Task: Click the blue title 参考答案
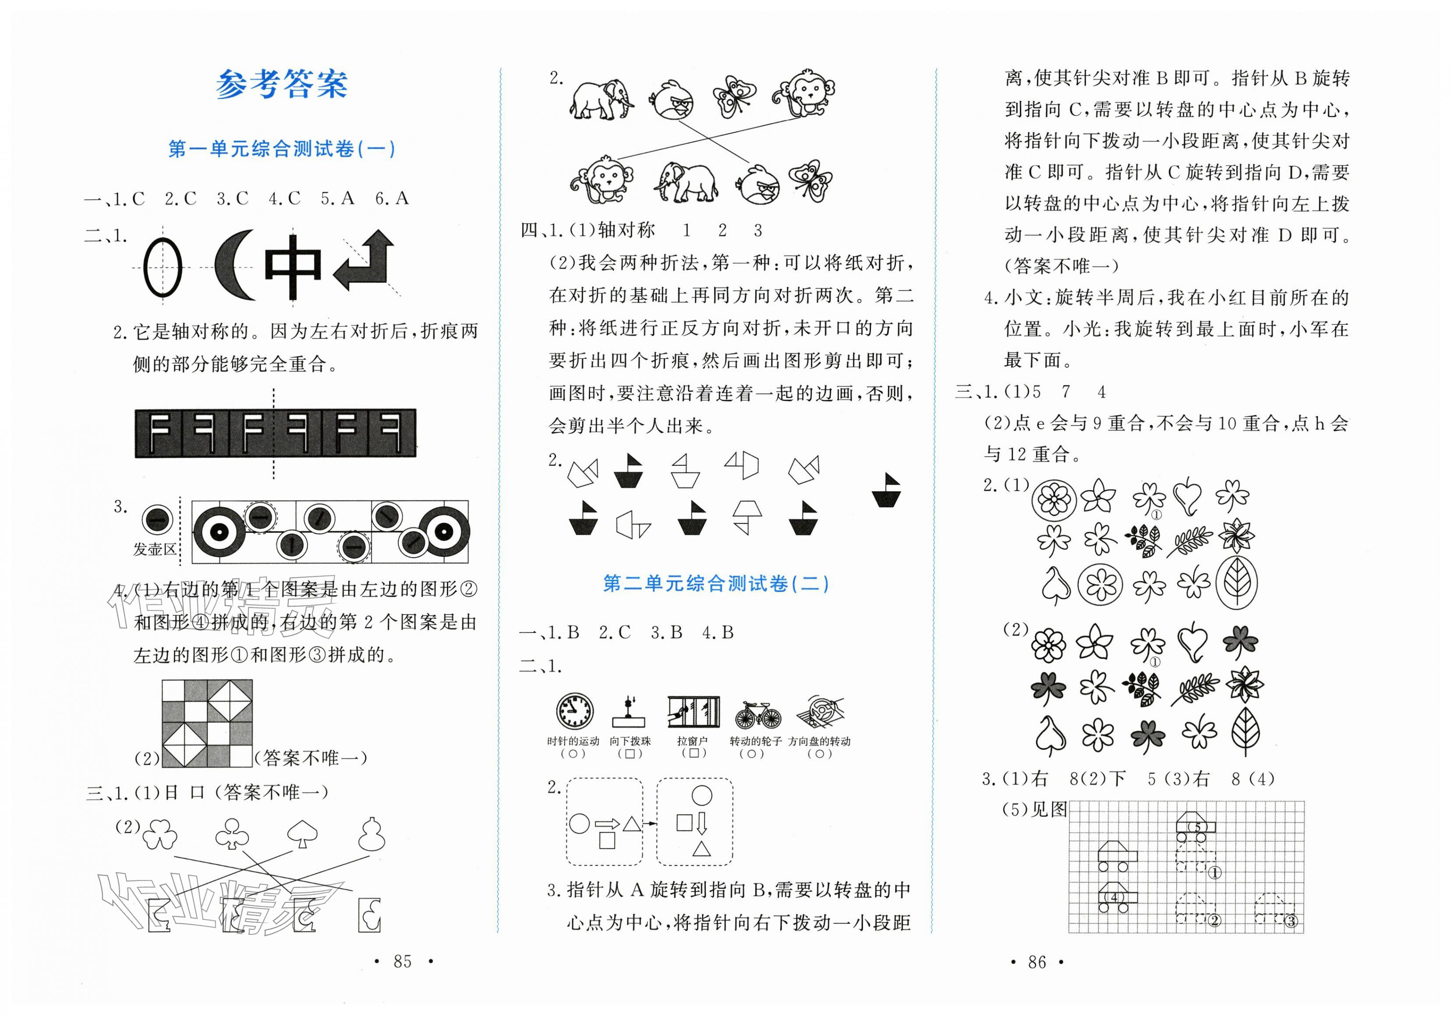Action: (x=281, y=85)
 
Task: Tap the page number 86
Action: (x=1037, y=962)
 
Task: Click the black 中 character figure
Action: (x=292, y=266)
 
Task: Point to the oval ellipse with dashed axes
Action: (x=163, y=267)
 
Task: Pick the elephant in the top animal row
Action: (x=600, y=100)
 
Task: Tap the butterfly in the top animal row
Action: (x=734, y=97)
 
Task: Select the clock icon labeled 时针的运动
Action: (x=574, y=712)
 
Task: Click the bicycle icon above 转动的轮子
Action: (x=758, y=715)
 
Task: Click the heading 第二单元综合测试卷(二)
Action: (x=715, y=583)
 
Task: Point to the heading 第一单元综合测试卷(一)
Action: (x=282, y=149)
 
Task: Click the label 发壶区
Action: (x=154, y=549)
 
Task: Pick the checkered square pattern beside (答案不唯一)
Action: (x=207, y=724)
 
